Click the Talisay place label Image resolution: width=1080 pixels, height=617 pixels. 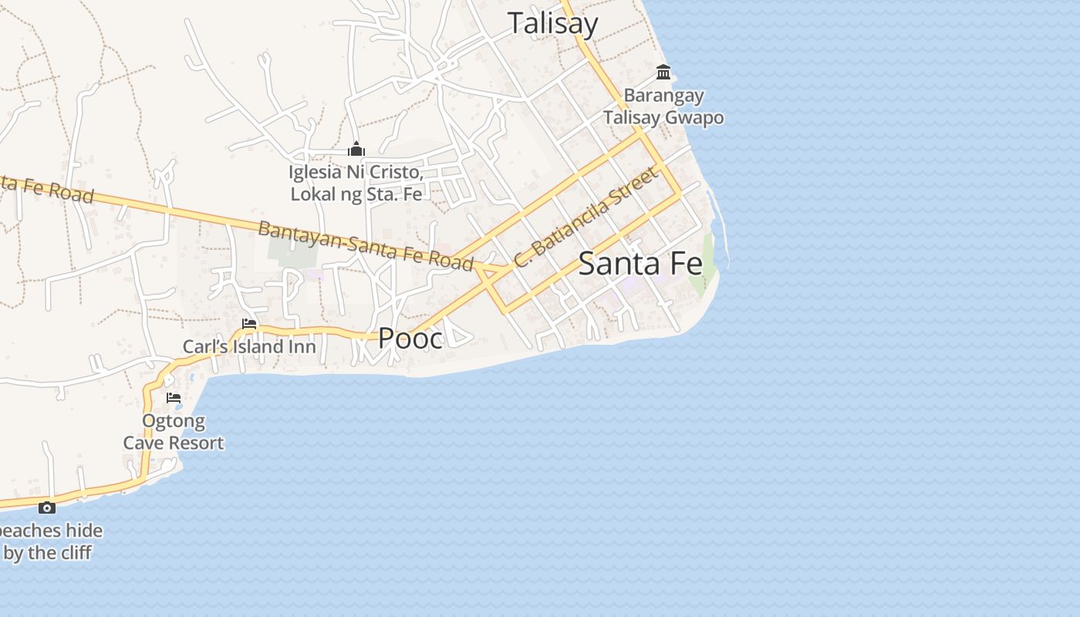(x=552, y=23)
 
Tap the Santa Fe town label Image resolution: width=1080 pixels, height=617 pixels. (x=640, y=264)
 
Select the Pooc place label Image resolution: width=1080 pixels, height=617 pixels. (x=410, y=338)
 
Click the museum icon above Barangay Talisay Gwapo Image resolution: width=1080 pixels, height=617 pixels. (x=663, y=72)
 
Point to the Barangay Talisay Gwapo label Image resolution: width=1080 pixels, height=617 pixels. (x=663, y=106)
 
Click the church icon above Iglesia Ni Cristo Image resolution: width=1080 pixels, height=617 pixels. (x=356, y=148)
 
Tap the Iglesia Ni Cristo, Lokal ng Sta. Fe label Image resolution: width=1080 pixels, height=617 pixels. (x=356, y=183)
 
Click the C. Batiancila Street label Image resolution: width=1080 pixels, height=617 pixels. (x=587, y=217)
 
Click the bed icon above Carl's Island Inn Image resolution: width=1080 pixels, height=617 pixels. (x=249, y=324)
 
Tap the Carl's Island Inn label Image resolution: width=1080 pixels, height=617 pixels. (x=249, y=347)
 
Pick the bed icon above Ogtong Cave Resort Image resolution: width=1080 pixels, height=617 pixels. (x=174, y=398)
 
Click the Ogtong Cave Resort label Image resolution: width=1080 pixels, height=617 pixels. (x=174, y=432)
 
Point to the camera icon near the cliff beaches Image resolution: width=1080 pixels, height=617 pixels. (x=47, y=507)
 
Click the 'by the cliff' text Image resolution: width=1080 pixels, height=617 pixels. (x=48, y=553)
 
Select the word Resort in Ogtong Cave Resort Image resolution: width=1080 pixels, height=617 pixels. (x=198, y=443)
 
